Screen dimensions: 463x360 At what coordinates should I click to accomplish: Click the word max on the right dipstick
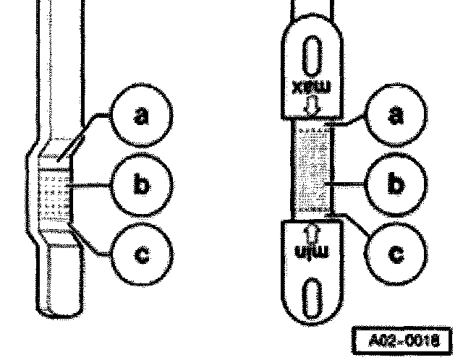pos(310,88)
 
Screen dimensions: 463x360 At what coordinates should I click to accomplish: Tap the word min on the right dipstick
pos(310,252)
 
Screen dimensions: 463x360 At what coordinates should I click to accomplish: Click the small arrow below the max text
pos(311,106)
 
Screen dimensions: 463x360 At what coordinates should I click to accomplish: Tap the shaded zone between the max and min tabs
pos(311,170)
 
